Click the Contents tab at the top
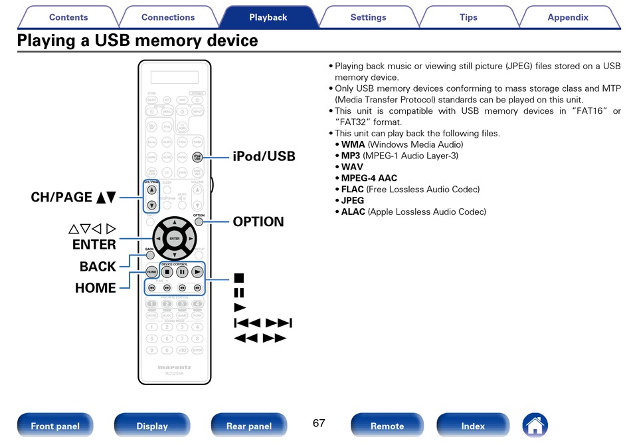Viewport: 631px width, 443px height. [68, 17]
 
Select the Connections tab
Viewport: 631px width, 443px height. [168, 17]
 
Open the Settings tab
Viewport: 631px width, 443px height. [368, 17]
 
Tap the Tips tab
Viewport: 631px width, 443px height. [468, 17]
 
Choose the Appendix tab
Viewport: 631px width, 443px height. [568, 17]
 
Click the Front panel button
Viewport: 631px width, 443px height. [55, 426]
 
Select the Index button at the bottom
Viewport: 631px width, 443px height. [473, 426]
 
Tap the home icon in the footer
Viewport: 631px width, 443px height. [535, 425]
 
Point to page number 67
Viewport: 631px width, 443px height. [319, 423]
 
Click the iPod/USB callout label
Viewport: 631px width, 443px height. [264, 156]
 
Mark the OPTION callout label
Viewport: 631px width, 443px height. [258, 222]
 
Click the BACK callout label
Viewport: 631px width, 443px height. [98, 266]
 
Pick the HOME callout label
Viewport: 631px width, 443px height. [96, 288]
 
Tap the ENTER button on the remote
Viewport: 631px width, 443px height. [174, 238]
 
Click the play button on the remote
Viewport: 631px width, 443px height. [197, 271]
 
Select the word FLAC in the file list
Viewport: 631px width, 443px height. [352, 190]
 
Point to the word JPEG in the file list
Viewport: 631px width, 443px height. [352, 201]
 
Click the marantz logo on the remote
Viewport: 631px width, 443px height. [174, 367]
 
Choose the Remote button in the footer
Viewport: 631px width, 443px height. [387, 426]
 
